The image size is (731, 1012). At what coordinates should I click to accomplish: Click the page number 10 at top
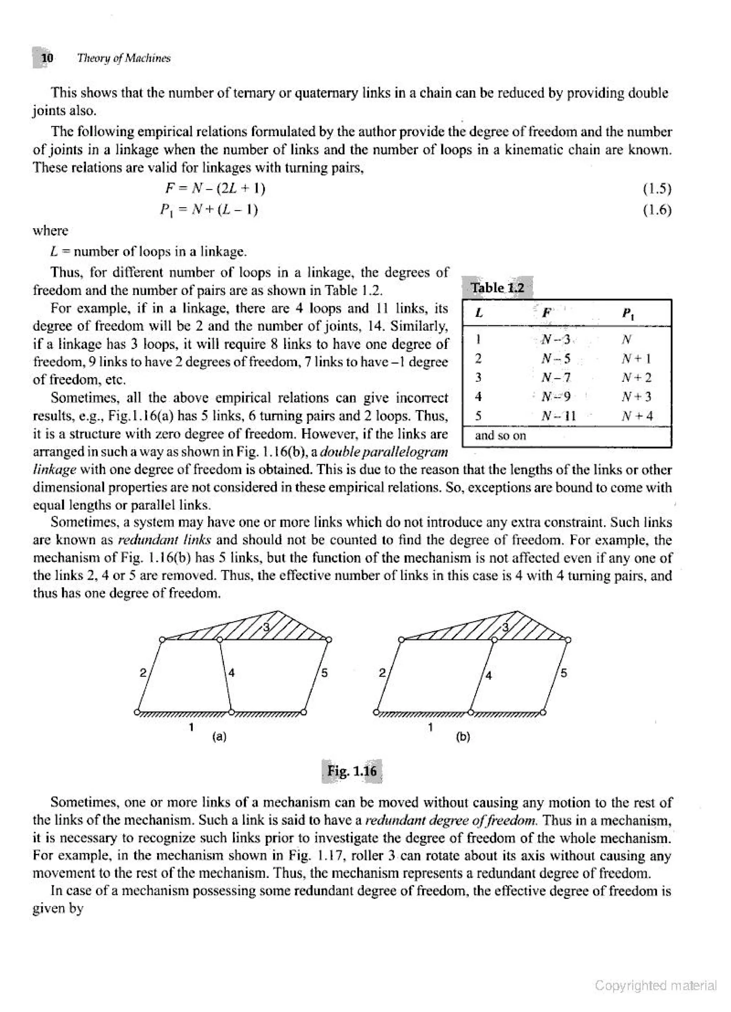[x=47, y=58]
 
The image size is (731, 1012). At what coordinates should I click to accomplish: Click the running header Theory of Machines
[x=123, y=58]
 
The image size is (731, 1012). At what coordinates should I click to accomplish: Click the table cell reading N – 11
[x=558, y=416]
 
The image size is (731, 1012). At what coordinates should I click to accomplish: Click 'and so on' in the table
[x=500, y=435]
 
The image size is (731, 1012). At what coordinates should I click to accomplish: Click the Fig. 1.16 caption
[x=352, y=771]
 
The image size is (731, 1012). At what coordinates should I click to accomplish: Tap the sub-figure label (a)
[x=219, y=737]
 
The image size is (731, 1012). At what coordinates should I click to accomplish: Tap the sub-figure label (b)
[x=463, y=737]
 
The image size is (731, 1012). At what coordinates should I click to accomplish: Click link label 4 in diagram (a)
[x=232, y=672]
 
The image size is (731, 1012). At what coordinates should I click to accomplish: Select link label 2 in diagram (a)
[x=143, y=672]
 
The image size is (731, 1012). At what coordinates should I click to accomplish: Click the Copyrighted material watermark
[x=656, y=985]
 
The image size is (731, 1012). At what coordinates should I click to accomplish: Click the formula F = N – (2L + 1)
[x=215, y=189]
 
